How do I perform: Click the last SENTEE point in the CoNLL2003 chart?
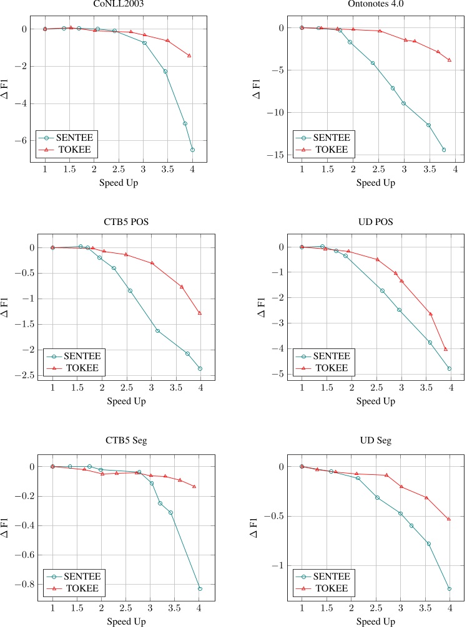[x=192, y=150]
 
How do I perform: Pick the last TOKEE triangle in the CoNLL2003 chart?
[x=189, y=55]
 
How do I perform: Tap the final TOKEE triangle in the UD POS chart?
[x=446, y=349]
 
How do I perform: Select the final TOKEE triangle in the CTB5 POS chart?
[x=200, y=313]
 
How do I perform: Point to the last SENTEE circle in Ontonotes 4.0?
[x=444, y=150]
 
